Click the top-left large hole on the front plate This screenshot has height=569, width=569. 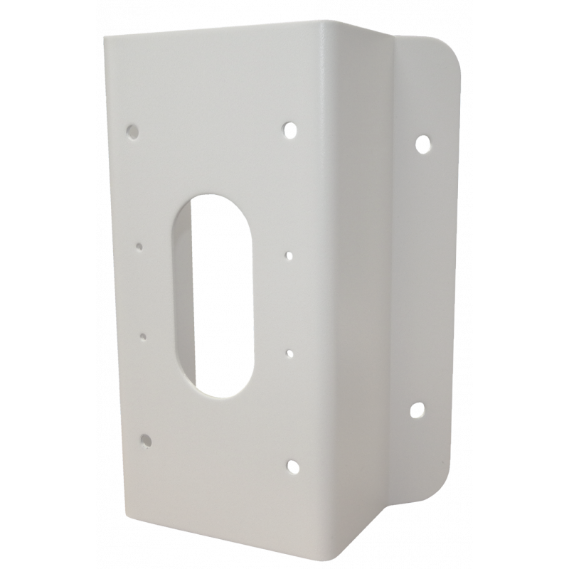(132, 131)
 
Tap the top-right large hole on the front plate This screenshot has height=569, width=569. (290, 129)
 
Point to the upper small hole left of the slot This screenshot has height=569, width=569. (139, 248)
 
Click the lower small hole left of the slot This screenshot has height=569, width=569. (143, 336)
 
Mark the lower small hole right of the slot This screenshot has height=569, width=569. (290, 351)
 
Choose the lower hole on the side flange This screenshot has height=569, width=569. (417, 410)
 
